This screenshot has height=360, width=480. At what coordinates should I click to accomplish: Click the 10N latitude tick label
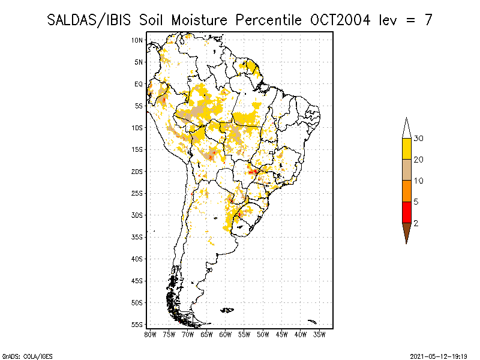coord(137,40)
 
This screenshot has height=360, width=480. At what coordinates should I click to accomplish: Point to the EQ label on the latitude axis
coord(139,84)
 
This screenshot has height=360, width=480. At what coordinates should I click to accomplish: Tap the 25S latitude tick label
coord(137,193)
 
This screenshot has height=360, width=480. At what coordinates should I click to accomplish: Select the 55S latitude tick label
coord(137,325)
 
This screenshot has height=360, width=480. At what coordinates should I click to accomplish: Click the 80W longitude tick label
coord(150,335)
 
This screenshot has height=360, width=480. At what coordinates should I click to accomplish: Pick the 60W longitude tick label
coord(226,335)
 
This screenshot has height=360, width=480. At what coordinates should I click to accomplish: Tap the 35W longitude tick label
coord(319,335)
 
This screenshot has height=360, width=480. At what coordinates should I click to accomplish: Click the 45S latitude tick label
coord(137,281)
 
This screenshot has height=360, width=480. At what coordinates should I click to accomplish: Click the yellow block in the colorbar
coord(407,149)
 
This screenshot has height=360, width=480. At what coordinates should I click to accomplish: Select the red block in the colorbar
coord(407,212)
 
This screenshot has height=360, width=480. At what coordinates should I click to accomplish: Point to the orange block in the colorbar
coord(407,191)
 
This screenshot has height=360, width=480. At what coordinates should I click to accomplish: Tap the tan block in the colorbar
coord(407,170)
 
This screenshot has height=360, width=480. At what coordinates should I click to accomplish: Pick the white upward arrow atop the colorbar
coord(407,128)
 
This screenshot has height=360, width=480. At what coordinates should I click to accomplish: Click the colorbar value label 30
coord(418,139)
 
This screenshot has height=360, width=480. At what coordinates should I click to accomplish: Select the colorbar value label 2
coord(416,223)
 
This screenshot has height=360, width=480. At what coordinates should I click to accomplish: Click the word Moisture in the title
coord(199,20)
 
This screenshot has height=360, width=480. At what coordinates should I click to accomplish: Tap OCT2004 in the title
coord(340,20)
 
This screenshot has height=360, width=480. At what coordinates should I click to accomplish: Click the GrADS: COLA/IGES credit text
coord(27,356)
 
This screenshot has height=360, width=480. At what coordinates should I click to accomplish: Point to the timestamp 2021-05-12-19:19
coord(439,356)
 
